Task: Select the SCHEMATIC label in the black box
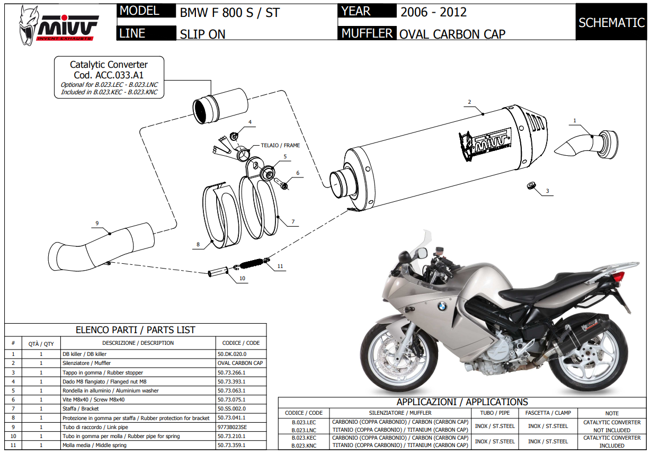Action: click(x=611, y=22)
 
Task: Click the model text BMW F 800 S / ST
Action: click(x=229, y=12)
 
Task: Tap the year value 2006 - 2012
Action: click(x=433, y=12)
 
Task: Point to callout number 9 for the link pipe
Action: click(x=97, y=223)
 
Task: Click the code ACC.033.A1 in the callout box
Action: click(x=109, y=75)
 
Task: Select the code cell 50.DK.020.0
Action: click(x=232, y=354)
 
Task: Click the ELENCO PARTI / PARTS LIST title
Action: click(x=136, y=330)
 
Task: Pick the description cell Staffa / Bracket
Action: click(x=80, y=408)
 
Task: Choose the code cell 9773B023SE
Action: click(x=232, y=427)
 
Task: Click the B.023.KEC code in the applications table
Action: click(x=304, y=438)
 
